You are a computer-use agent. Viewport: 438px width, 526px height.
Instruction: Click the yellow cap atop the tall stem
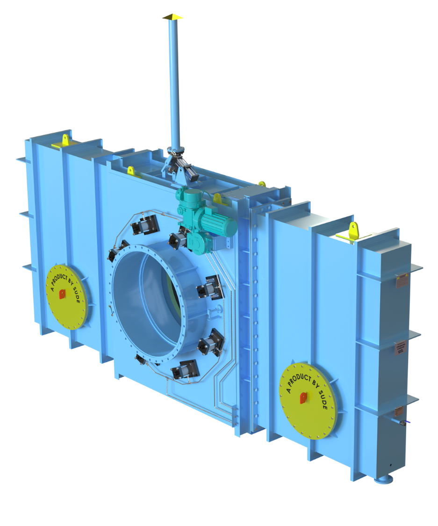(172, 17)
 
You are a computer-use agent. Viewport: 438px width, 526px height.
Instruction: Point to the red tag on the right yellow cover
(303, 397)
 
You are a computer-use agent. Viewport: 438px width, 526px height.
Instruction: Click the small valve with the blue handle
(403, 423)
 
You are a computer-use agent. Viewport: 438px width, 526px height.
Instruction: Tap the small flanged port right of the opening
(216, 311)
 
